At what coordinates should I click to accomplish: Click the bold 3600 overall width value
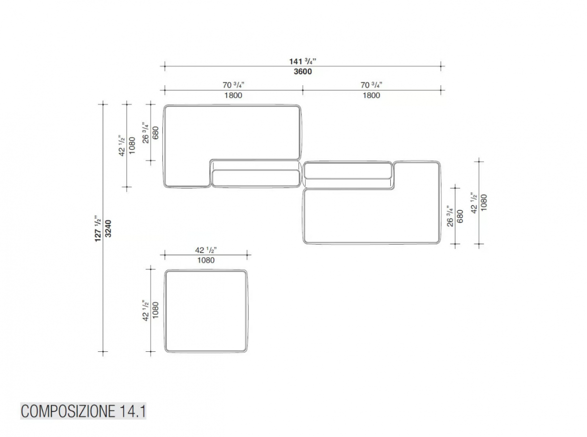tap(302, 71)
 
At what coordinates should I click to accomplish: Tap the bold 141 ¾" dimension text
tap(302, 61)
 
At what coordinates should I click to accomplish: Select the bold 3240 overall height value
tap(108, 229)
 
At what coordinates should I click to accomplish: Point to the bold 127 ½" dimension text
tap(98, 229)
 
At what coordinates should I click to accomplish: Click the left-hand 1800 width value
tap(233, 95)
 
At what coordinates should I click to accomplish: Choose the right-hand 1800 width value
tap(371, 95)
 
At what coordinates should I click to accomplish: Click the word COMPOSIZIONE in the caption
tap(68, 412)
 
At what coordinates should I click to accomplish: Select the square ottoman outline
tap(165, 311)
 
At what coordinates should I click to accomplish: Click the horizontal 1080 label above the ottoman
tap(205, 260)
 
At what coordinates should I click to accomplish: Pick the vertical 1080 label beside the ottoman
tap(156, 310)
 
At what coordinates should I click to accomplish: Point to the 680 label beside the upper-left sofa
tap(156, 133)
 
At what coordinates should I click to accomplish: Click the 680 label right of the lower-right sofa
tap(460, 216)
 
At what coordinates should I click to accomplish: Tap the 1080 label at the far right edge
tap(484, 203)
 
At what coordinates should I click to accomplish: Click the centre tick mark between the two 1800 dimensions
tap(303, 90)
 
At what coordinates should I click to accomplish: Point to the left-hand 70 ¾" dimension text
tap(233, 85)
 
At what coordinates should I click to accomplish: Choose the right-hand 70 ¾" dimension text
tap(371, 85)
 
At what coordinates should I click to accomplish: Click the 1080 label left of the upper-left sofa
tap(132, 145)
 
